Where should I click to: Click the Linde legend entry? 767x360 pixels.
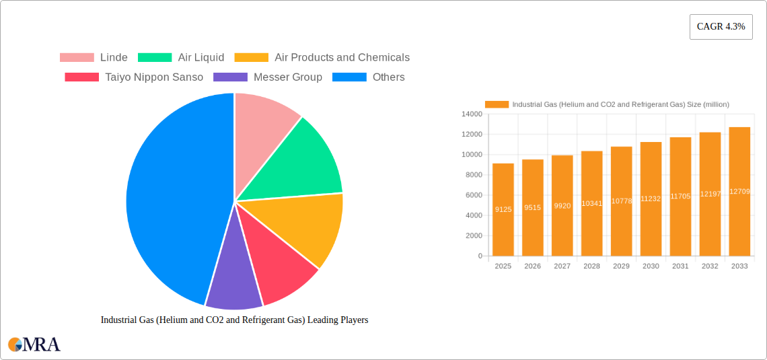coord(94,58)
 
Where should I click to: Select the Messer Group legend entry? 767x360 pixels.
coord(268,77)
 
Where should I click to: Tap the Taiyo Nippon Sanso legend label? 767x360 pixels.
coord(153,77)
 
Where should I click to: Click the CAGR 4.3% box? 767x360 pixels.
coord(721,27)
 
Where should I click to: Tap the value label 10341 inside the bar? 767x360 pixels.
coord(591,203)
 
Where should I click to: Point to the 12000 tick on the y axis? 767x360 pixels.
coord(471,135)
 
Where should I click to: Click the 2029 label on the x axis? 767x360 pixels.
coord(621,266)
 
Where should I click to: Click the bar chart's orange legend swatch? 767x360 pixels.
coord(497,104)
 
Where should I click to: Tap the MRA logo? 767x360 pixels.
coord(34,345)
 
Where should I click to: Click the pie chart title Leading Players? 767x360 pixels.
coord(234,320)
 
